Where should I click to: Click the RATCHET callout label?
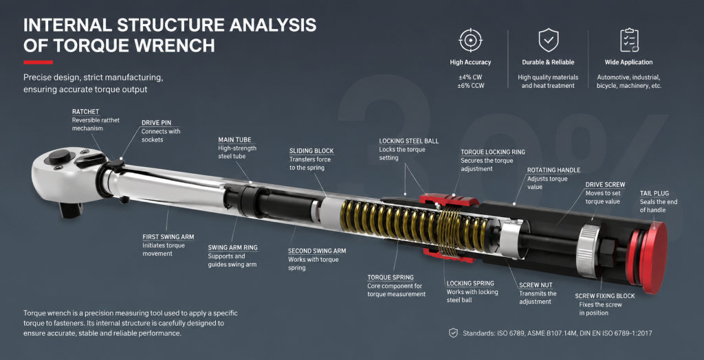85,111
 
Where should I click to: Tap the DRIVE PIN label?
156,122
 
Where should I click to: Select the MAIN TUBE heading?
235,139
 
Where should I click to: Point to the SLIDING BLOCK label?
311,151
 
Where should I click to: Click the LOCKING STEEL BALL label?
408,141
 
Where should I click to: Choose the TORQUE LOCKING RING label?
492,152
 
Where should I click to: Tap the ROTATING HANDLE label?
553,170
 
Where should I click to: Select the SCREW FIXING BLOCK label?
605,296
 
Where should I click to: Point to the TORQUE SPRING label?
390,278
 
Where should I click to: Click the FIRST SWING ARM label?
168,237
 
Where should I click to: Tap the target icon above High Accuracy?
470,41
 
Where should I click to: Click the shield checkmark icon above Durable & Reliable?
548,41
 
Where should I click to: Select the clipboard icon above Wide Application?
628,41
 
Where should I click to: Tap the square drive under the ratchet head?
71,209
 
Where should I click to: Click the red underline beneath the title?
38,63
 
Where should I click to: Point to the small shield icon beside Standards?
453,333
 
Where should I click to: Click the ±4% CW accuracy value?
470,77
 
